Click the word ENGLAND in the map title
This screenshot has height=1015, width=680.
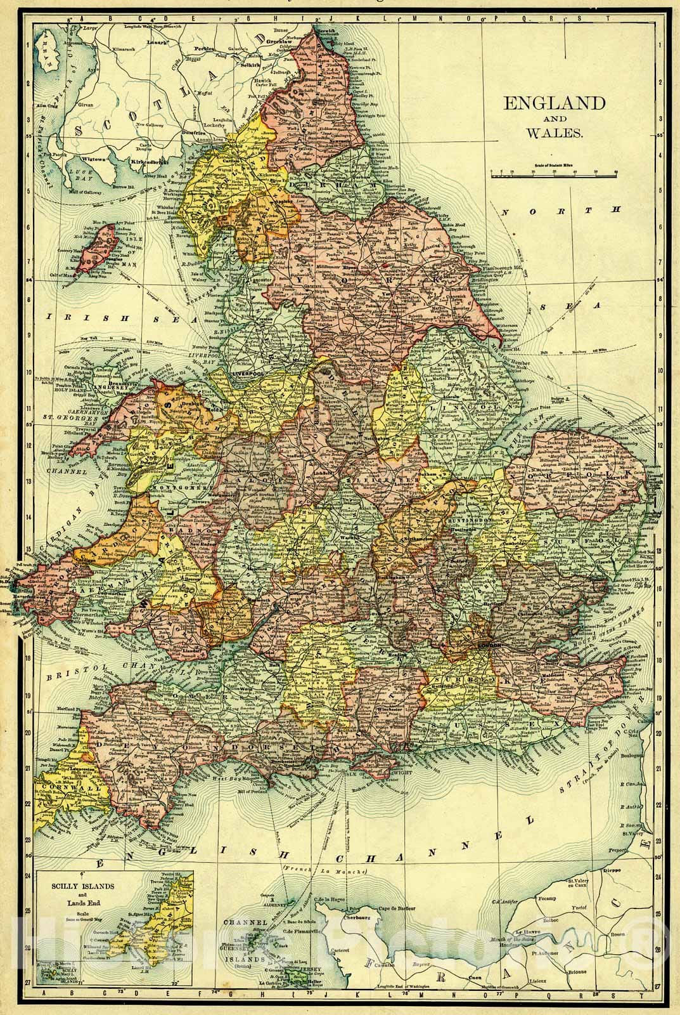click(x=554, y=103)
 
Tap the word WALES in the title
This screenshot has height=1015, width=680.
click(x=554, y=133)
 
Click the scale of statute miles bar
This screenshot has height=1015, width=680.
click(x=555, y=172)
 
